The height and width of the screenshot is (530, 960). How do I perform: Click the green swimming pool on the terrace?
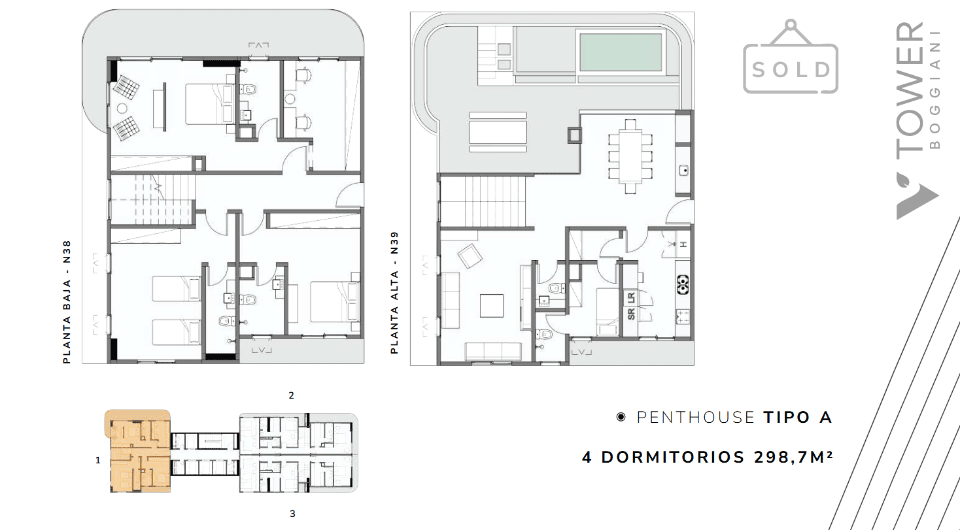[x=621, y=52]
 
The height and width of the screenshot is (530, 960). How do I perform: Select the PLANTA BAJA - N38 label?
[x=67, y=302]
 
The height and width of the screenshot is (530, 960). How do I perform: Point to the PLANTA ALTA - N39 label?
[x=394, y=293]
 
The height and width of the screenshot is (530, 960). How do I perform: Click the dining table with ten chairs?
[x=630, y=156]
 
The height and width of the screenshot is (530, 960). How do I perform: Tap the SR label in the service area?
[x=631, y=314]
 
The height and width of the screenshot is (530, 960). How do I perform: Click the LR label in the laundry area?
[x=631, y=298]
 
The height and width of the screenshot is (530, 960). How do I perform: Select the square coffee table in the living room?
[x=492, y=305]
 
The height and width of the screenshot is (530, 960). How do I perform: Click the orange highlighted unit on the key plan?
[x=138, y=451]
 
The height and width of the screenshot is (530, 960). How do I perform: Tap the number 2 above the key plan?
[x=292, y=395]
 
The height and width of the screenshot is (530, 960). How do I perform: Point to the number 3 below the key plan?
[x=292, y=513]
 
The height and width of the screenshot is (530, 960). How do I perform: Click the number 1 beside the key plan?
[x=97, y=460]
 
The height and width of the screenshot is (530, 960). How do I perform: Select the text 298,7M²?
[x=794, y=457]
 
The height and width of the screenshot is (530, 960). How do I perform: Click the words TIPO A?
[x=798, y=418]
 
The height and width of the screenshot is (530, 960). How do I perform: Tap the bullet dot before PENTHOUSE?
[x=621, y=417]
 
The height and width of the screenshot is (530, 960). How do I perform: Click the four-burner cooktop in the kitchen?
[x=683, y=284]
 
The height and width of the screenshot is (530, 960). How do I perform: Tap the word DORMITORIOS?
[x=674, y=457]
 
